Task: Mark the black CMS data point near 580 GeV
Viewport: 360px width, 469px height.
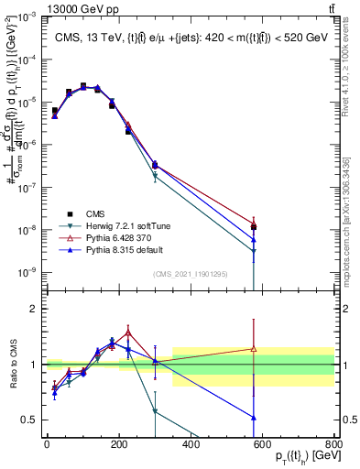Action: point(254,227)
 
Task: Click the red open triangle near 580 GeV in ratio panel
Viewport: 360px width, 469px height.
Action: point(254,349)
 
